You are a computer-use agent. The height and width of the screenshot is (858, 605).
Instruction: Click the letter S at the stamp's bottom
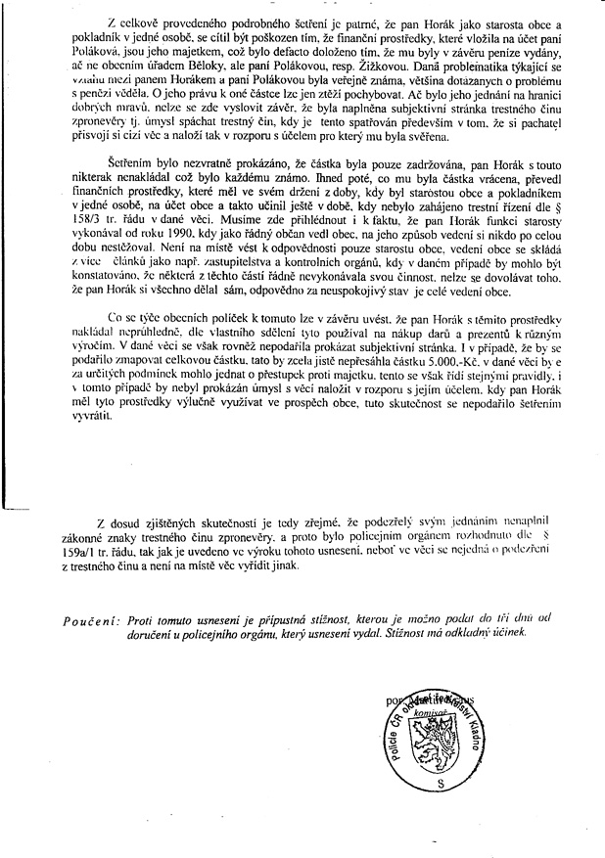tap(440, 785)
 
